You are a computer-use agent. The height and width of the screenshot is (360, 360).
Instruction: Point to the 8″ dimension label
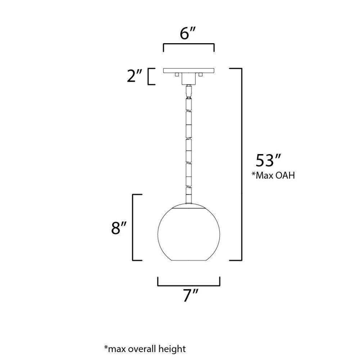119,228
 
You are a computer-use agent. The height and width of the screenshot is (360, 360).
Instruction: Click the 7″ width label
190,296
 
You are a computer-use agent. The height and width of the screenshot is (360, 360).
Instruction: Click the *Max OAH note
273,175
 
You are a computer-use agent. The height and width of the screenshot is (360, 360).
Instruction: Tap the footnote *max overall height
145,349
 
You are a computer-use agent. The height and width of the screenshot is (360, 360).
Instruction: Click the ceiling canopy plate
189,71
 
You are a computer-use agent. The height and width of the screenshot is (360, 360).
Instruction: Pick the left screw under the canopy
176,75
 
